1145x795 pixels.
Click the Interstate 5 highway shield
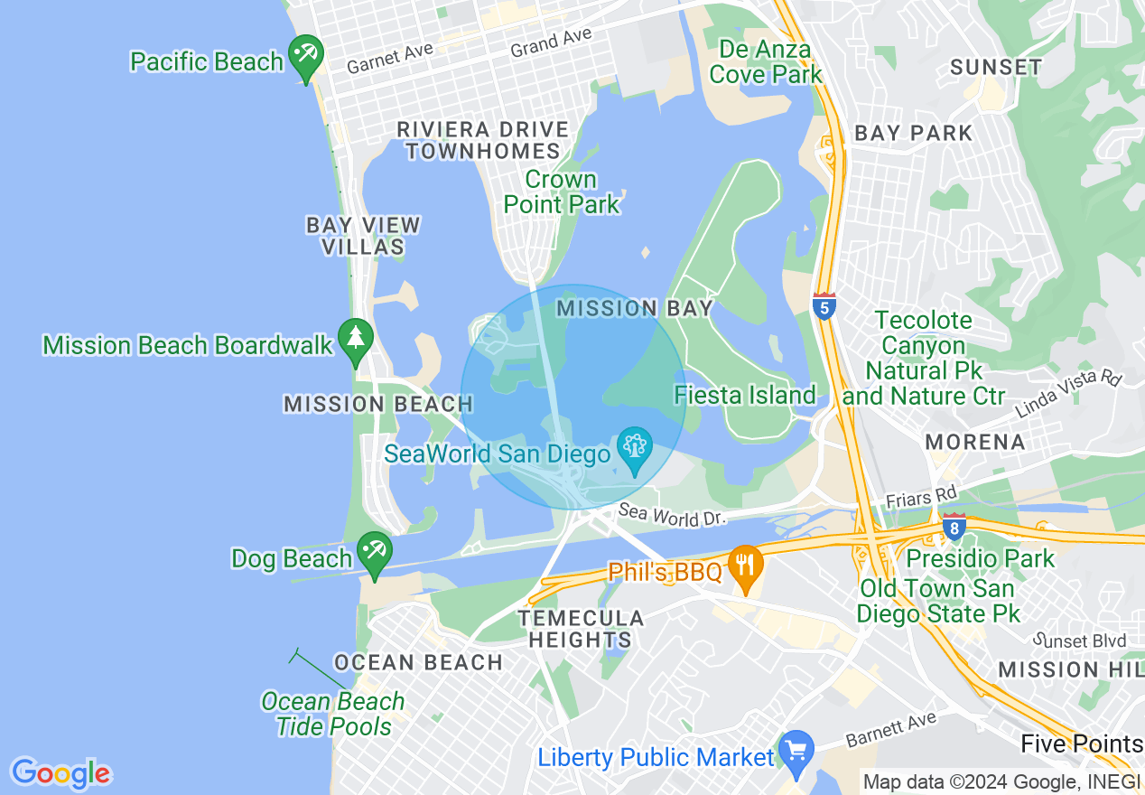[x=824, y=306]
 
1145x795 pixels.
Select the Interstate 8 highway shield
[x=954, y=527]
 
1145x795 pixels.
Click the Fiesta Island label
[x=745, y=396]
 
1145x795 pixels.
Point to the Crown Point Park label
[x=562, y=192]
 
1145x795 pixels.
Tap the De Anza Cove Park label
[x=766, y=61]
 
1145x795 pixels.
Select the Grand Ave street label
[x=551, y=42]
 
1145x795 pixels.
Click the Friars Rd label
[x=920, y=496]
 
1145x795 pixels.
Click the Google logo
[x=61, y=773]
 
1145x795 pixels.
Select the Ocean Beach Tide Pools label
[x=333, y=714]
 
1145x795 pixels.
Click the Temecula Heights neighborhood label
[x=581, y=629]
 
